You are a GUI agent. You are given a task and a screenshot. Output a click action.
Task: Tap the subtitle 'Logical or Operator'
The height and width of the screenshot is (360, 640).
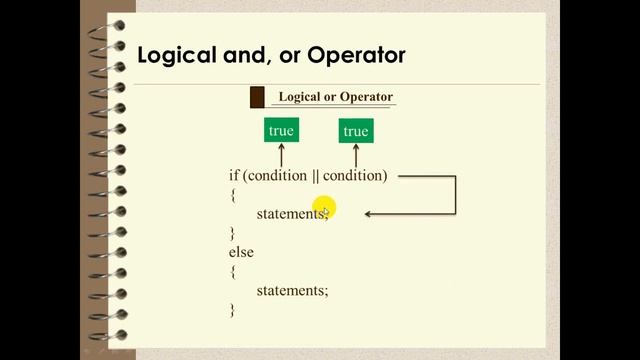[x=335, y=97]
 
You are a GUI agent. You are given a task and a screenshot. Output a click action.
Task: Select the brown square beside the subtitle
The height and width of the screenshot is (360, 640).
[x=257, y=97]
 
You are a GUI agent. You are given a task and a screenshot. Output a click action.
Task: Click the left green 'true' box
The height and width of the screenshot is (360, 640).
[x=282, y=130]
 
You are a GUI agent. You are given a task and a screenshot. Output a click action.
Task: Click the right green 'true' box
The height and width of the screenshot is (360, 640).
[x=355, y=130]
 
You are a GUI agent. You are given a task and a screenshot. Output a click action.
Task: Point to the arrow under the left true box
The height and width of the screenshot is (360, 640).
[x=282, y=154]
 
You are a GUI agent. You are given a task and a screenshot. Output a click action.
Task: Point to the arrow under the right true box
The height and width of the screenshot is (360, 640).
[x=356, y=154]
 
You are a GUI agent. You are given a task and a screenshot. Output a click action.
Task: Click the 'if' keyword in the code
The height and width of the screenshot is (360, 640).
[x=234, y=175]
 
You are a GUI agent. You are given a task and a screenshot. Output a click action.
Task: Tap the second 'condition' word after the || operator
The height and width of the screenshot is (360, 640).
[x=351, y=175]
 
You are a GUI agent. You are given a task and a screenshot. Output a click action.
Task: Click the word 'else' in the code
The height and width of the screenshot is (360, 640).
[x=241, y=252]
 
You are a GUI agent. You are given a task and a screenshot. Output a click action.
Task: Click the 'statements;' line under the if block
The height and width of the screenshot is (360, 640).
[x=292, y=213]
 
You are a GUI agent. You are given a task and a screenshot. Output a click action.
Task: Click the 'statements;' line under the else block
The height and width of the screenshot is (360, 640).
[x=292, y=290]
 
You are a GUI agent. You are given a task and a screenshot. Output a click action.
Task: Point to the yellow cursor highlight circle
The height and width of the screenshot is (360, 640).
[x=325, y=209]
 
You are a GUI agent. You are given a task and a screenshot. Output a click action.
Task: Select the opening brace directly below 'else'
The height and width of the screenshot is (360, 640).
[x=233, y=271]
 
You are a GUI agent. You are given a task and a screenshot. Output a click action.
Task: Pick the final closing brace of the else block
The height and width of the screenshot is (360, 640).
[x=233, y=310]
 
